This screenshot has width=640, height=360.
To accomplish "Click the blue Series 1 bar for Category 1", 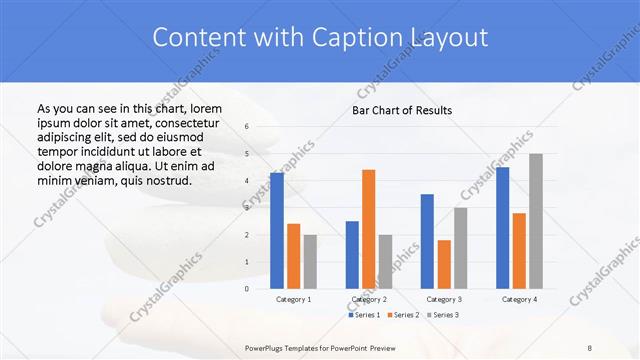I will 277,230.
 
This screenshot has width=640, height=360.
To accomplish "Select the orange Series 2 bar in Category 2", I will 369,229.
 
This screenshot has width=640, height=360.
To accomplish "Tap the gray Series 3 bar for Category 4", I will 536,221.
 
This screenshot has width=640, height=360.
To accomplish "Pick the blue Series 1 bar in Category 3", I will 427,241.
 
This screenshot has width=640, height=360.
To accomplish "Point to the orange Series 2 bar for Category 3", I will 444,264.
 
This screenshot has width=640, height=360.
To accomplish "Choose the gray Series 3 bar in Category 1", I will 310,261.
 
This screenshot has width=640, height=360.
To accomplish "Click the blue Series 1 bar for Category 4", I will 502,227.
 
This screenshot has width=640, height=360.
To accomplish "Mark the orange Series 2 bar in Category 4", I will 519,250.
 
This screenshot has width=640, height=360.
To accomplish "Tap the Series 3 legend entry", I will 445,315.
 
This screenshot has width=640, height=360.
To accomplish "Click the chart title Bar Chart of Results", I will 402,110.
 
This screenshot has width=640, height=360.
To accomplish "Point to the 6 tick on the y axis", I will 247,126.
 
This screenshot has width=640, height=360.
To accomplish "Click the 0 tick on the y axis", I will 247,288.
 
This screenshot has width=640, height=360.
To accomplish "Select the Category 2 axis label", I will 369,299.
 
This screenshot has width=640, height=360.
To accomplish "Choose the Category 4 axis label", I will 519,299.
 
